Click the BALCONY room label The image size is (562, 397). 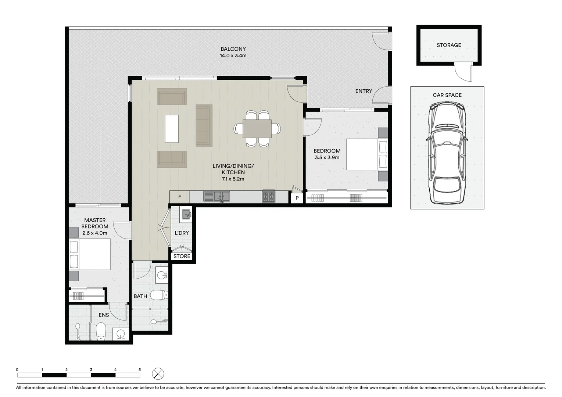coord(233,49)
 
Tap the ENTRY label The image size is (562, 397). coord(364,91)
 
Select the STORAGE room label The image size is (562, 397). coord(449,45)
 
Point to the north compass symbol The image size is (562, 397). coord(158,374)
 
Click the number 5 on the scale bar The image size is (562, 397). coord(140,370)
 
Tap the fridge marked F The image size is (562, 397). coord(179,197)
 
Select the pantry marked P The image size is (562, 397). coord(297,198)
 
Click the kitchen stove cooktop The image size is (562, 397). coord(268,196)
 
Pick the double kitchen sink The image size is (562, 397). coord(216,197)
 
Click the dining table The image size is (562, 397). coord(257,129)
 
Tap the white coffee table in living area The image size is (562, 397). coord(172,129)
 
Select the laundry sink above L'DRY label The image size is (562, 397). coord(186,214)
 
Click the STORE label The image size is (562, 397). coord(182,256)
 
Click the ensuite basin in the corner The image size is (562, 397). coord(121,335)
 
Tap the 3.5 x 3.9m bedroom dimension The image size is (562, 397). coord(327,157)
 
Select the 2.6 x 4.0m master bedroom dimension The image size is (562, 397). coord(95,233)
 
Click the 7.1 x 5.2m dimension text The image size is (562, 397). coord(233,179)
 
